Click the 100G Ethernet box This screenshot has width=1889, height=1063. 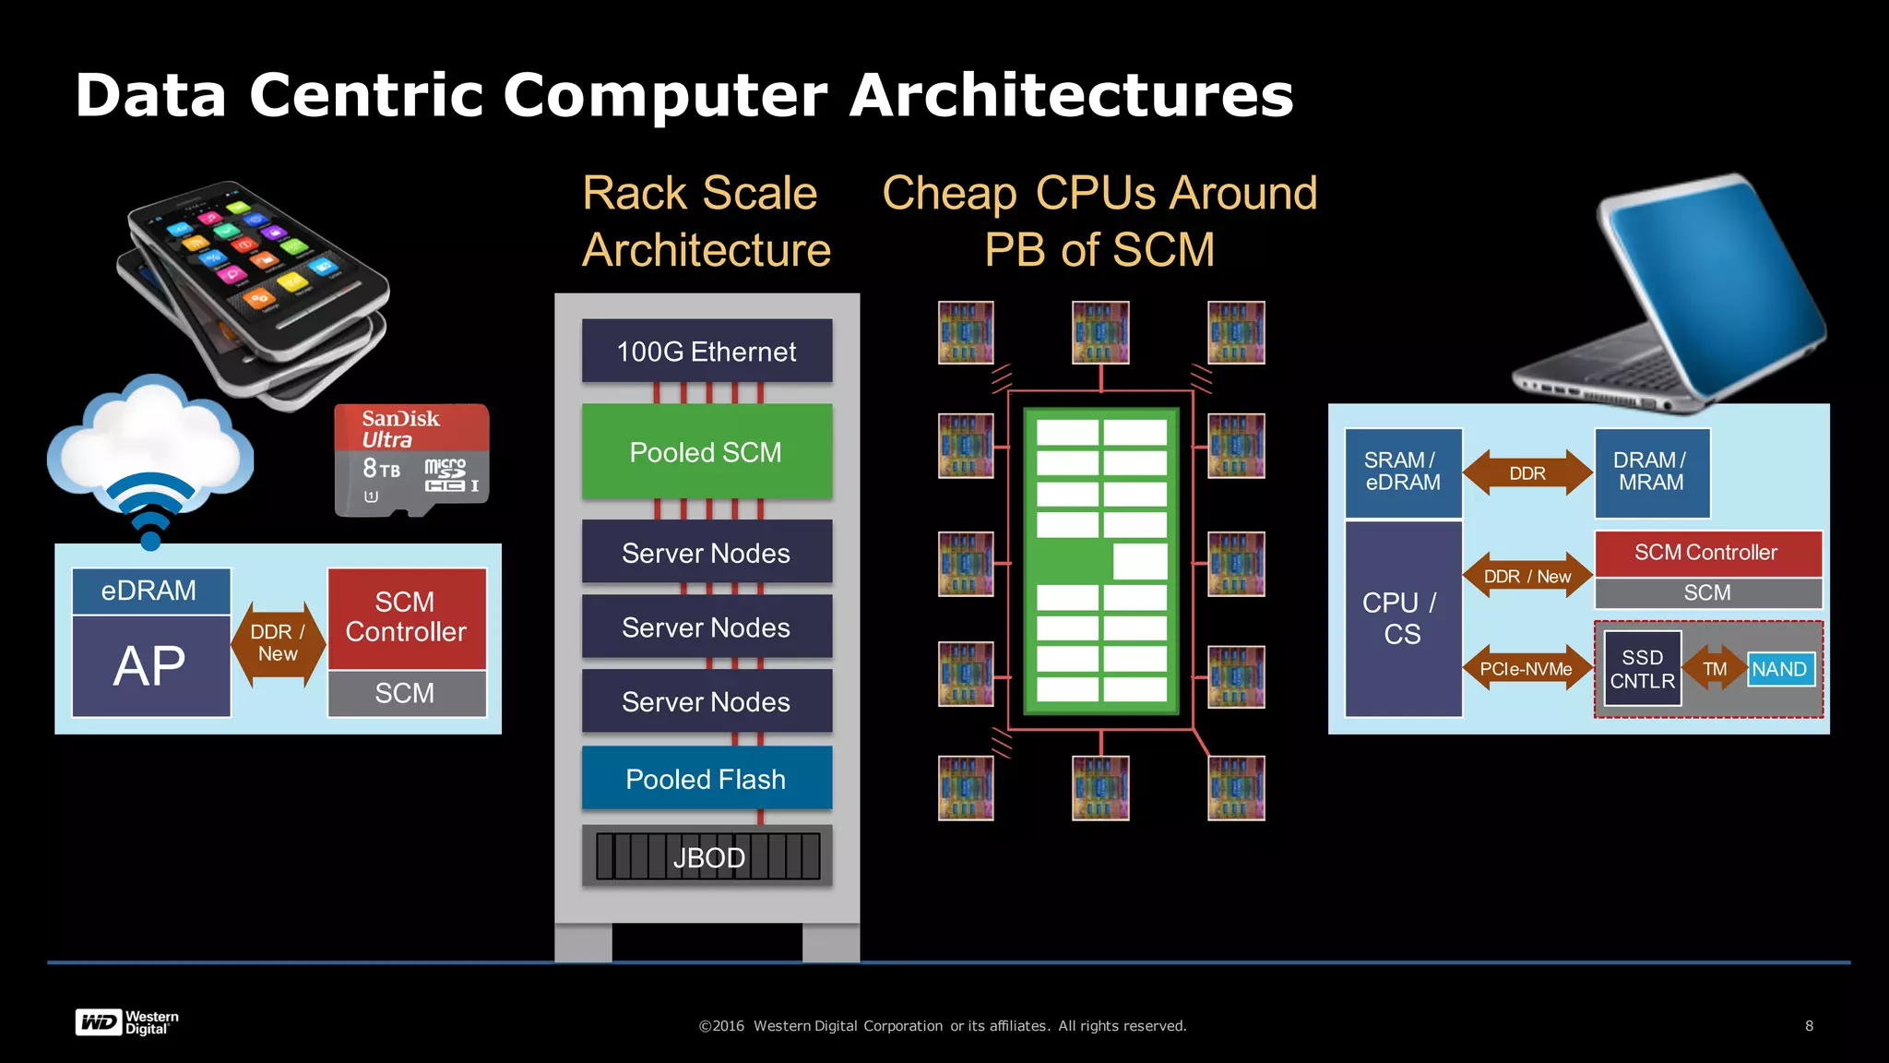[x=707, y=352]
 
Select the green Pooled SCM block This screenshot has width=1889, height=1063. [x=707, y=452]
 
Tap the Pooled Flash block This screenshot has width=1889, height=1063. [x=707, y=779]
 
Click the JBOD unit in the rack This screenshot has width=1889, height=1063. [x=707, y=857]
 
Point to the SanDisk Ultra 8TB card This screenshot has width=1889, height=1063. [x=411, y=460]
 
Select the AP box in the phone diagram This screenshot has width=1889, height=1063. [x=150, y=666]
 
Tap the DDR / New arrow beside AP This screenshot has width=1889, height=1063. [x=278, y=643]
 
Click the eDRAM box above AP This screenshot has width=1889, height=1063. [x=150, y=591]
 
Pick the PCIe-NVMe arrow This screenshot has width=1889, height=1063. [x=1527, y=669]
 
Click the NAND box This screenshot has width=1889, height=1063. [x=1780, y=669]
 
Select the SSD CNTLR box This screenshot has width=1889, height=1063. [x=1642, y=669]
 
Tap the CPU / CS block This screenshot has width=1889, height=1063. [x=1402, y=618]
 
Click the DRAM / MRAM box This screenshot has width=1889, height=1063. [x=1651, y=472]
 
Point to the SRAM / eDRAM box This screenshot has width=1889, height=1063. [x=1402, y=472]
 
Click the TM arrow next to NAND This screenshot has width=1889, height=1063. [x=1714, y=669]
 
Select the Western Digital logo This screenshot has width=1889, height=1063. [x=126, y=1022]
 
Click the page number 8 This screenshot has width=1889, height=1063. [x=1809, y=1026]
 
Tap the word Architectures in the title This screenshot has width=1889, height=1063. [x=1070, y=95]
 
